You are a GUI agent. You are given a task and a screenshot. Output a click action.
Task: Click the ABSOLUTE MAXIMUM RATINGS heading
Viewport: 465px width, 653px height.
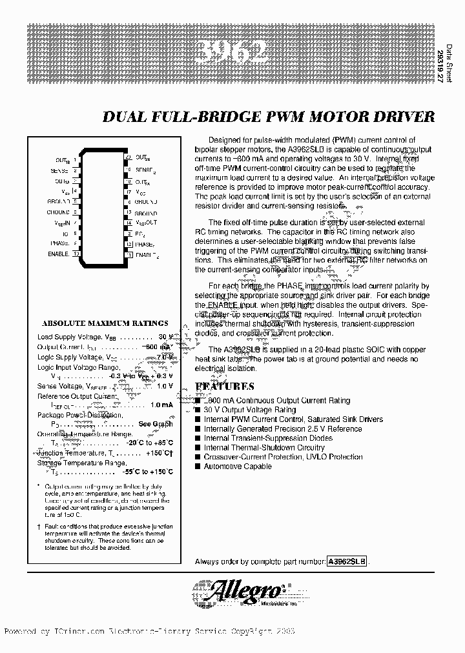pos(105,323)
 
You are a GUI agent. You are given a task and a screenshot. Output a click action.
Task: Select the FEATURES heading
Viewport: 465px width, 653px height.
pos(225,386)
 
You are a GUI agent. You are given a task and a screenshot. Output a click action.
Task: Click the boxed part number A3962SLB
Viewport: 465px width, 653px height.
pos(347,562)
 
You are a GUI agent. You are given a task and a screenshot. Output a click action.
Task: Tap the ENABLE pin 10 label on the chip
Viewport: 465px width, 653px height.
pos(58,254)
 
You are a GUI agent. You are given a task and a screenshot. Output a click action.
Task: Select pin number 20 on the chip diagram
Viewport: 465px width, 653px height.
pos(129,157)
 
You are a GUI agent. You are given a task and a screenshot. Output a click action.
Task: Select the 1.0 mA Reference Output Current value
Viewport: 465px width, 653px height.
pos(161,405)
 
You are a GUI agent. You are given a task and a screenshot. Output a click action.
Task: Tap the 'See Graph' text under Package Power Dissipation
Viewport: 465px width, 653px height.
pos(156,424)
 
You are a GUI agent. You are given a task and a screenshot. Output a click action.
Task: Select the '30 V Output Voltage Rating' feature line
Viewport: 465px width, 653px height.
pos(250,410)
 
